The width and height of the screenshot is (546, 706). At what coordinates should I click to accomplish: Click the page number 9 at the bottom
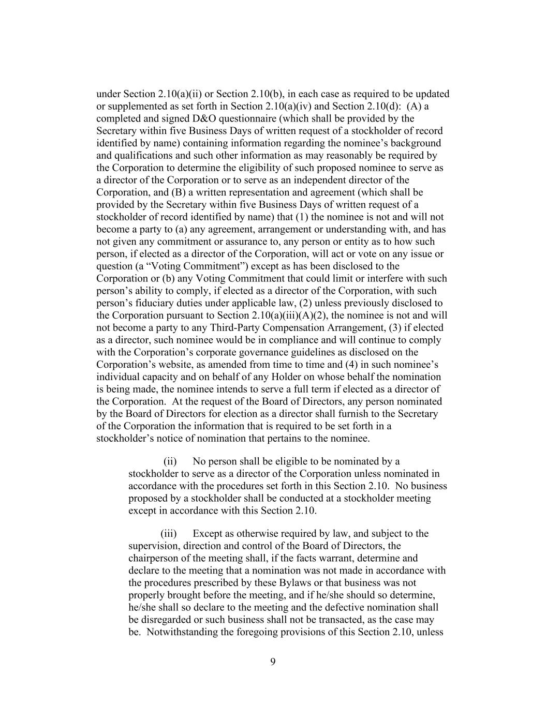[x=273, y=662]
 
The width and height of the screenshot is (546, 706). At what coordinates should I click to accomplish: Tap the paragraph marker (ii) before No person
[x=170, y=461]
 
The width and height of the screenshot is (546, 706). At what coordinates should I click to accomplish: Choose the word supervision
[x=154, y=546]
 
